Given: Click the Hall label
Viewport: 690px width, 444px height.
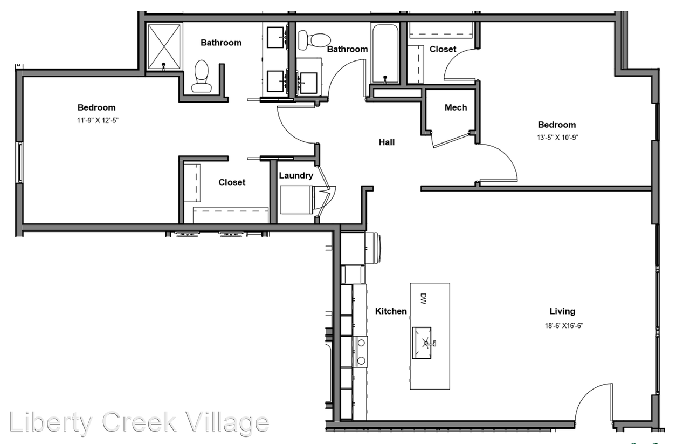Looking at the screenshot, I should pyautogui.click(x=387, y=142).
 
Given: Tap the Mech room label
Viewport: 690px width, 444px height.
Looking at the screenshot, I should pyautogui.click(x=456, y=107).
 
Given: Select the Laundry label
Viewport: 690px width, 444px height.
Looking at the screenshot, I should pyautogui.click(x=296, y=175).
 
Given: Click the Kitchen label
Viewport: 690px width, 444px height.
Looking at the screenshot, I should pyautogui.click(x=391, y=311).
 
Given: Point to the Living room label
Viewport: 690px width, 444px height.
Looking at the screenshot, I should pyautogui.click(x=562, y=311).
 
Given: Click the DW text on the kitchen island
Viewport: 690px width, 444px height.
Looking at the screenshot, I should pyautogui.click(x=423, y=299).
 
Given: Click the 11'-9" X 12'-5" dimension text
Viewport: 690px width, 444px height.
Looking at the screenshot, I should pyautogui.click(x=96, y=120).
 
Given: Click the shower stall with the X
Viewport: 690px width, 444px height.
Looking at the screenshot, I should pyautogui.click(x=164, y=46).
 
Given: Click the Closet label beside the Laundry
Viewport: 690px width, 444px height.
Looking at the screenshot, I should pyautogui.click(x=232, y=182).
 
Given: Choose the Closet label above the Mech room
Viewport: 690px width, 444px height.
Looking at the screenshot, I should pyautogui.click(x=443, y=49).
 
